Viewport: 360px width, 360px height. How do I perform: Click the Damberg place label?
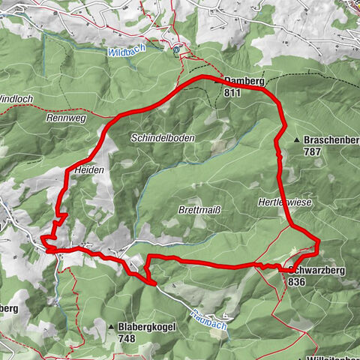241,82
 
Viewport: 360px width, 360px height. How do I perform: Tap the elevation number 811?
232,93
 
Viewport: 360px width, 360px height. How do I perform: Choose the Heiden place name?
88,171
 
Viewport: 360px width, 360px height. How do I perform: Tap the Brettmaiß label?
199,209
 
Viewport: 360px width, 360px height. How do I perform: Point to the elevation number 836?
295,282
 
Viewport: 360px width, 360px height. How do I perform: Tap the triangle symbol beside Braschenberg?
297,140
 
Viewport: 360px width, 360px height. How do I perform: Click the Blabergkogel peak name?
146,327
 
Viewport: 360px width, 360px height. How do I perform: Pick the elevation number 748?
127,338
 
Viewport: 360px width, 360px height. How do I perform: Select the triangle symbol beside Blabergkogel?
110,327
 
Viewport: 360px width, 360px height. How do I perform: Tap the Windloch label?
15,98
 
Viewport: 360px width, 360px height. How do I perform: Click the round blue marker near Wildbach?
177,50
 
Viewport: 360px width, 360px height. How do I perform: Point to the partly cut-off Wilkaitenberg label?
330,355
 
